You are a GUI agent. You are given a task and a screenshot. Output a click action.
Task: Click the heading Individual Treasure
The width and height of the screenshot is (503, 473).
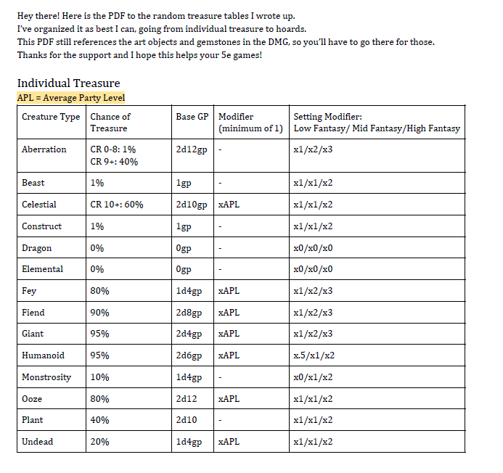point(68,83)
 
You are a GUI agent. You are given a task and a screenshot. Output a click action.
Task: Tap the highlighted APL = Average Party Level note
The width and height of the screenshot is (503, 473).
point(71,98)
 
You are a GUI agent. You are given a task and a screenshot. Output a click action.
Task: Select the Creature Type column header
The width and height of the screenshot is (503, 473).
point(51,116)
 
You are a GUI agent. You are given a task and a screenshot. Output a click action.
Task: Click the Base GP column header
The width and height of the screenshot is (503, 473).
point(193,116)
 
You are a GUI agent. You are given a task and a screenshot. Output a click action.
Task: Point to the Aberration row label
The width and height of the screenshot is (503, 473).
point(44,149)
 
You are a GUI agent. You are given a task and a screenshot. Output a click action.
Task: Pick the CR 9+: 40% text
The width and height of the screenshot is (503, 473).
point(114,162)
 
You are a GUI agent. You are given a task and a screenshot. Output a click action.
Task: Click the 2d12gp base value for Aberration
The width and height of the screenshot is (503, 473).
point(192,149)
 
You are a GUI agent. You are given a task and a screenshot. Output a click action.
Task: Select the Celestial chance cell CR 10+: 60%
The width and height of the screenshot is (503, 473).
point(117,205)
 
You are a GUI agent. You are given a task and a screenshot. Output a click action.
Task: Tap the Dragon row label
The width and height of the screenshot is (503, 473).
point(37,248)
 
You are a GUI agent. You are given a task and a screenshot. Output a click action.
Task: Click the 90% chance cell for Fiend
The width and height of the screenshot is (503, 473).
point(99,313)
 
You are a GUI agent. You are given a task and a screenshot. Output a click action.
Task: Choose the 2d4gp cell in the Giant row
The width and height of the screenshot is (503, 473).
point(189,334)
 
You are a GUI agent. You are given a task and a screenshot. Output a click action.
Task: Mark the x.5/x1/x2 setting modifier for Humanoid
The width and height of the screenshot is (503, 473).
point(314,355)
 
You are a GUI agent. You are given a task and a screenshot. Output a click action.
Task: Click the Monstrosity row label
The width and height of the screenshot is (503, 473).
point(46,377)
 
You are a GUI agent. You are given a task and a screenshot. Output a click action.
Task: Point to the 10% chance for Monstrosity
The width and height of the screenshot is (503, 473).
point(99,377)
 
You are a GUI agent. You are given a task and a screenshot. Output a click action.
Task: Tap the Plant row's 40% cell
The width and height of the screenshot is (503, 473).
point(99,420)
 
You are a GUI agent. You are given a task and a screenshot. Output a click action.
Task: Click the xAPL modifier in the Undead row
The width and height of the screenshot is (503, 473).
point(229,442)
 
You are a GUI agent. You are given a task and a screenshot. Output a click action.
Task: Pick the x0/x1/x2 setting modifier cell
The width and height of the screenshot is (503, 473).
point(313,377)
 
